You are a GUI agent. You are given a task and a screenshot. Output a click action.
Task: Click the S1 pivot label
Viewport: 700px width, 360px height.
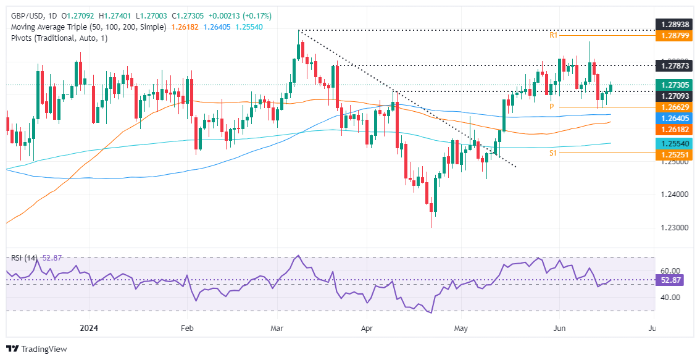[554, 153]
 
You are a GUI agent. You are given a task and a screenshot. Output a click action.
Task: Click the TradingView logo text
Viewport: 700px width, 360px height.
[43, 349]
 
